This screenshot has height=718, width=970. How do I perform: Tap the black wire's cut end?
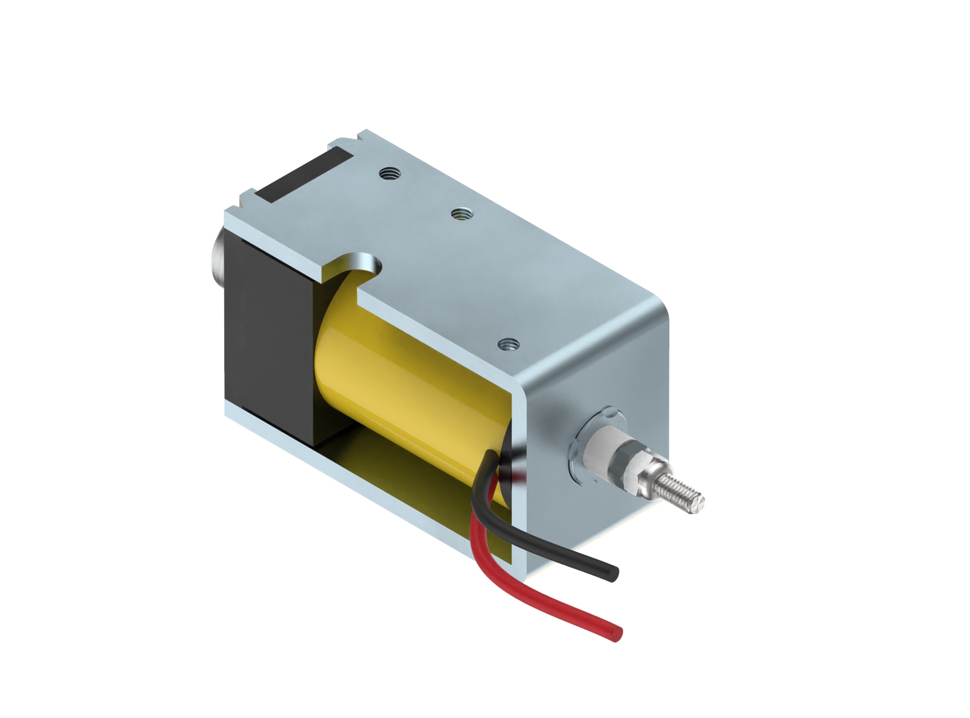click(614, 572)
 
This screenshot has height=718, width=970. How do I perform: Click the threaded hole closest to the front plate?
click(509, 345)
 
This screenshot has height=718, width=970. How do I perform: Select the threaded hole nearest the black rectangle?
click(388, 175)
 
